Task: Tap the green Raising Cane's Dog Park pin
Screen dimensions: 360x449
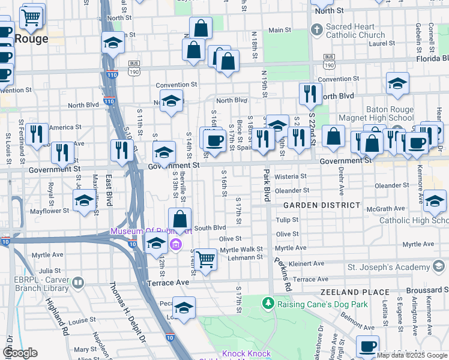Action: click(x=268, y=304)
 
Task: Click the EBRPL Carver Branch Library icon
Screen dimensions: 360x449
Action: click(x=78, y=282)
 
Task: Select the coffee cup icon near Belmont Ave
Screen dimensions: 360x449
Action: click(x=367, y=346)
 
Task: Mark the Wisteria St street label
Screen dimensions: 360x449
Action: click(x=291, y=177)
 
